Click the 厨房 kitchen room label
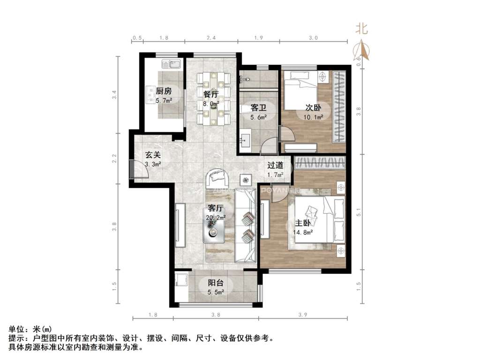[164, 91]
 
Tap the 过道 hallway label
[275, 165]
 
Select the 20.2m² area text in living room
[216, 217]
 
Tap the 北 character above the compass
[361, 29]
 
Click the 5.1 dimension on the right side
[360, 212]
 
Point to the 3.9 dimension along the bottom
[303, 315]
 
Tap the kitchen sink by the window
[171, 64]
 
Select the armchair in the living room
[218, 177]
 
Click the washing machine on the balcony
[181, 281]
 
